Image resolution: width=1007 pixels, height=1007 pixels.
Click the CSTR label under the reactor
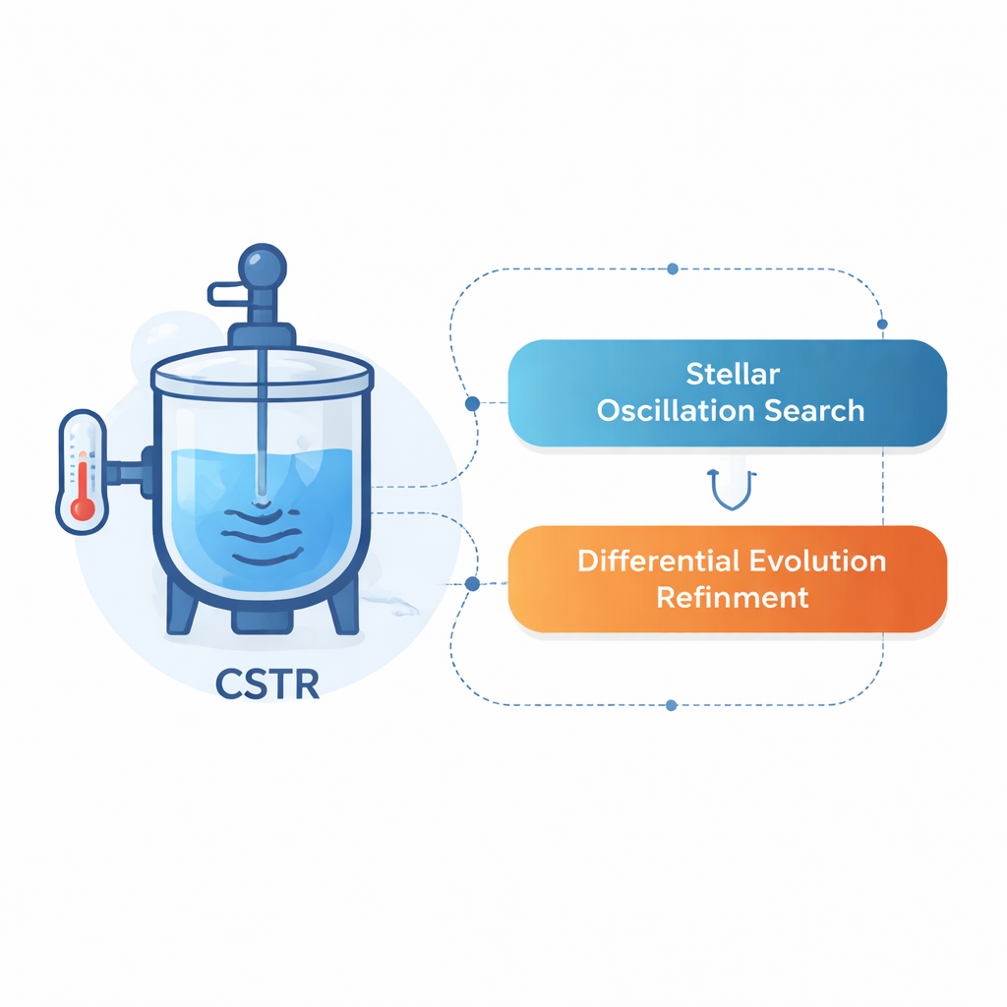coord(267,683)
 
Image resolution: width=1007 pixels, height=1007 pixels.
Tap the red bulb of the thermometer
coord(84,508)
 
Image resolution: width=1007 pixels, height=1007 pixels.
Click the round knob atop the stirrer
coord(263,268)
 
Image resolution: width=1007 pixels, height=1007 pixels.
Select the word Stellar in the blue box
coord(732,375)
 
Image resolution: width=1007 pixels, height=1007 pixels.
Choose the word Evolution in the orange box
coord(818,562)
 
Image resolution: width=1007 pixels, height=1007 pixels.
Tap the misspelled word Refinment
coord(733,597)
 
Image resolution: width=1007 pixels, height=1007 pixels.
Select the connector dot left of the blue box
coord(472,403)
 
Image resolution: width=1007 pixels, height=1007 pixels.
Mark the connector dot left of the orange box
coord(472,583)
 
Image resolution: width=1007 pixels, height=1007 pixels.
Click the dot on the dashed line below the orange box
coord(671,705)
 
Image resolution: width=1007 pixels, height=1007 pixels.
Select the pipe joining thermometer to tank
coord(125,474)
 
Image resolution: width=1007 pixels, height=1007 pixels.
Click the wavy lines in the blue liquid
coord(263,536)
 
